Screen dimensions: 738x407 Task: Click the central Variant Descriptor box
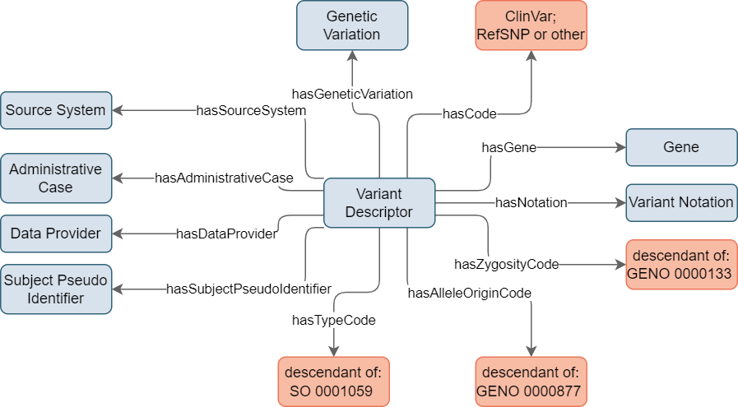(x=379, y=203)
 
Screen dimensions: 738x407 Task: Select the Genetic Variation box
(x=352, y=25)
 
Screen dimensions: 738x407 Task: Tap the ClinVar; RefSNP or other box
(x=531, y=25)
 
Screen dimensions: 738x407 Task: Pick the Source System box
(x=56, y=110)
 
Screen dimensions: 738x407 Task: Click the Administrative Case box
(x=56, y=178)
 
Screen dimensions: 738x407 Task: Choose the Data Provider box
(x=56, y=234)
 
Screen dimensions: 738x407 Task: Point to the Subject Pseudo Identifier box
(x=56, y=289)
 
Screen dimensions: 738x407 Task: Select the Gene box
(x=681, y=147)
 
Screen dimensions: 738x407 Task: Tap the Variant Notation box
(x=681, y=203)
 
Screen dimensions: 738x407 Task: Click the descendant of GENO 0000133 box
(x=681, y=265)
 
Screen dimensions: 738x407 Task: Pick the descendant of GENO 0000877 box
(x=531, y=382)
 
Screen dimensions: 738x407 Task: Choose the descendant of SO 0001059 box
(x=334, y=382)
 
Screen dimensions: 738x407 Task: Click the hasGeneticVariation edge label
(x=352, y=94)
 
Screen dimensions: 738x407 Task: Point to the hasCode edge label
(x=470, y=113)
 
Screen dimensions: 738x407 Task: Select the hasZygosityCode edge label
(x=507, y=265)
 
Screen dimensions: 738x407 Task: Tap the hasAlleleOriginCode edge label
(x=469, y=294)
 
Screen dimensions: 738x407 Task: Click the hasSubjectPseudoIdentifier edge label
(x=249, y=289)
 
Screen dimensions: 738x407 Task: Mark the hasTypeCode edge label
(x=334, y=321)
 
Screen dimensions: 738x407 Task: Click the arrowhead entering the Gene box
(x=621, y=147)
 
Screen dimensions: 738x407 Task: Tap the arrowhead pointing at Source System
(x=118, y=110)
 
